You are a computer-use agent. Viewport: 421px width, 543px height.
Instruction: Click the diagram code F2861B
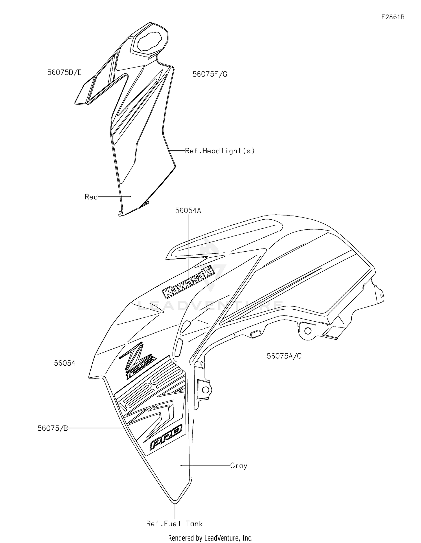[393, 17]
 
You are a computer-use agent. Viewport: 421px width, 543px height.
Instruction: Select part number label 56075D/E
[64, 72]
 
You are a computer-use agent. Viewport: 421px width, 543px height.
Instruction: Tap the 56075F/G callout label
[210, 74]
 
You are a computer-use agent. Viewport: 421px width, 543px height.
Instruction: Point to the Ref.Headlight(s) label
[220, 151]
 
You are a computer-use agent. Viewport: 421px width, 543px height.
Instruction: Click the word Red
[91, 197]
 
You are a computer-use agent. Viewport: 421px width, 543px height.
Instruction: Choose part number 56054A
[188, 210]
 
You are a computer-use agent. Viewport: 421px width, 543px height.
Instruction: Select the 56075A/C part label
[284, 356]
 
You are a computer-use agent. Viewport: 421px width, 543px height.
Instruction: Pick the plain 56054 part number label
[65, 363]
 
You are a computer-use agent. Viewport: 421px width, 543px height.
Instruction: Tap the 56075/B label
[53, 428]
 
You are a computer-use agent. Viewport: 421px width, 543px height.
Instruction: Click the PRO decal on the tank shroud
[166, 441]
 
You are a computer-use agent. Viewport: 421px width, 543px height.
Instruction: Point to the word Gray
[239, 466]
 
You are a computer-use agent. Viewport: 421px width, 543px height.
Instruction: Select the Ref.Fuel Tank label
[174, 523]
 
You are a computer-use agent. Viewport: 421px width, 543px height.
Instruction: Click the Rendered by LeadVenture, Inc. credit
[210, 538]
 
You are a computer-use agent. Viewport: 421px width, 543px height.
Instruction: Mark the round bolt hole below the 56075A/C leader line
[308, 331]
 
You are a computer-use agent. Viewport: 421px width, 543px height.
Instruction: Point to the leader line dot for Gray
[181, 465]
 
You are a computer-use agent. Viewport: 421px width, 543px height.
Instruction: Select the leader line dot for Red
[131, 197]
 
